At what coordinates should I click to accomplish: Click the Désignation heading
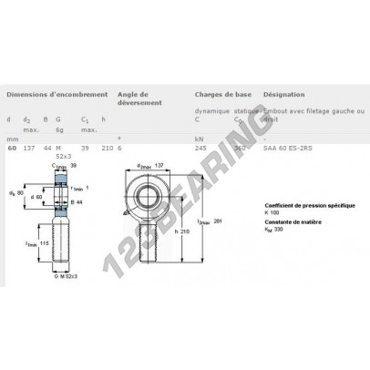(283, 95)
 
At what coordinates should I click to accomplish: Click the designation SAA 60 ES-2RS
(285, 149)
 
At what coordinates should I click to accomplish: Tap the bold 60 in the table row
(11, 149)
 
